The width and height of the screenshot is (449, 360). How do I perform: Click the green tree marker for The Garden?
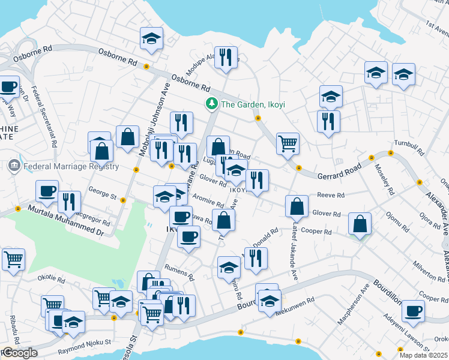pos(211,104)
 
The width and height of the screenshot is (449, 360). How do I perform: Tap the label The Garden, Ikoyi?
pos(243,104)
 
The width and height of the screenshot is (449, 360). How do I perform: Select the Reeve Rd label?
pos(331,196)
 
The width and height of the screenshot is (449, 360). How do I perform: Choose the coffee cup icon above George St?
pos(47,191)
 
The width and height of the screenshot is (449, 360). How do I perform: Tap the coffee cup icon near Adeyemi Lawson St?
pos(412,310)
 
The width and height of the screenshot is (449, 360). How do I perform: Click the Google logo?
pos(19,353)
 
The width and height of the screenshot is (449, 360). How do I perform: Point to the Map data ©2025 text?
pos(426,355)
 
